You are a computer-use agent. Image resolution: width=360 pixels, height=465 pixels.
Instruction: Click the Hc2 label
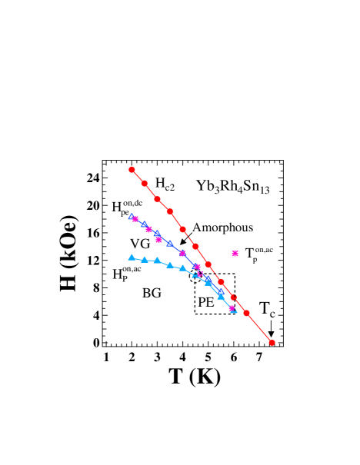(x=165, y=183)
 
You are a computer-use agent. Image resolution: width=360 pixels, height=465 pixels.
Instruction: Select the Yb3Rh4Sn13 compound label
(x=232, y=185)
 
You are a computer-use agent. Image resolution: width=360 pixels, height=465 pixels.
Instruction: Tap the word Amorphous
(x=222, y=228)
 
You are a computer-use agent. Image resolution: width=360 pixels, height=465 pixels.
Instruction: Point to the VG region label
(x=139, y=243)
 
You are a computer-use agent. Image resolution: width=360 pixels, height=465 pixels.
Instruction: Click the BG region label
(x=152, y=292)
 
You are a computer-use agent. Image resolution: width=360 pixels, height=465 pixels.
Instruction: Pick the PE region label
(x=205, y=302)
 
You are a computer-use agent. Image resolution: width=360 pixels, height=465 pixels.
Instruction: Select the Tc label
(x=267, y=310)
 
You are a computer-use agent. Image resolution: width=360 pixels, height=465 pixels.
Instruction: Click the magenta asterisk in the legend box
(x=235, y=253)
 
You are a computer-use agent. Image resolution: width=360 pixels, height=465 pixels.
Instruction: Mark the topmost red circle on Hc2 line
(x=132, y=169)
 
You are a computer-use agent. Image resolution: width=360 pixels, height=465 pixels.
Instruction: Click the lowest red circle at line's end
(x=272, y=343)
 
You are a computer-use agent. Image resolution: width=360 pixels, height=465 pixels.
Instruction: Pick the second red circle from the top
(x=144, y=183)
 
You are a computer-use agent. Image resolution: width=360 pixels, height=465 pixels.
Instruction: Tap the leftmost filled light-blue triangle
(x=132, y=257)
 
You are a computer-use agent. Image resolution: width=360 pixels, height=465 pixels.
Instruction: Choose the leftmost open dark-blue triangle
(x=132, y=217)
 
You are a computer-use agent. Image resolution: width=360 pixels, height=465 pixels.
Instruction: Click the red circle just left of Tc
(x=246, y=313)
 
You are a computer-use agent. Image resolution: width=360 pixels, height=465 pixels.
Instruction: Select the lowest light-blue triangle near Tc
(x=234, y=311)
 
